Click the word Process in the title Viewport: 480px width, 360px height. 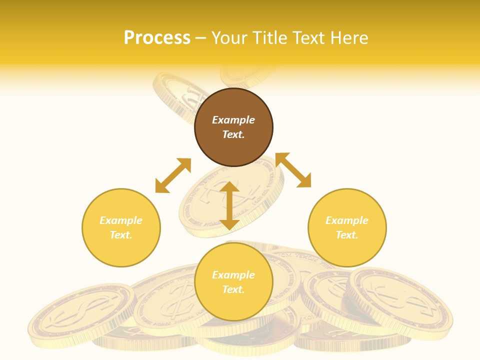point(157,38)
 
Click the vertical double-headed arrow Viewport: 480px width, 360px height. point(229,205)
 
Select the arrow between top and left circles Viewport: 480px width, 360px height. point(173,175)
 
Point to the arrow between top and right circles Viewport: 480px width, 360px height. point(293,170)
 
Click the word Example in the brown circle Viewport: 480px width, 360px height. point(233,120)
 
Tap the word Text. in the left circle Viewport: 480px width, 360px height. point(121,235)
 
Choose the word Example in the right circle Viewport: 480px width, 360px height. point(347,220)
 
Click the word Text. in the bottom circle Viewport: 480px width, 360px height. point(233,289)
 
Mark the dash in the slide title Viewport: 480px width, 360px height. point(201,38)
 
